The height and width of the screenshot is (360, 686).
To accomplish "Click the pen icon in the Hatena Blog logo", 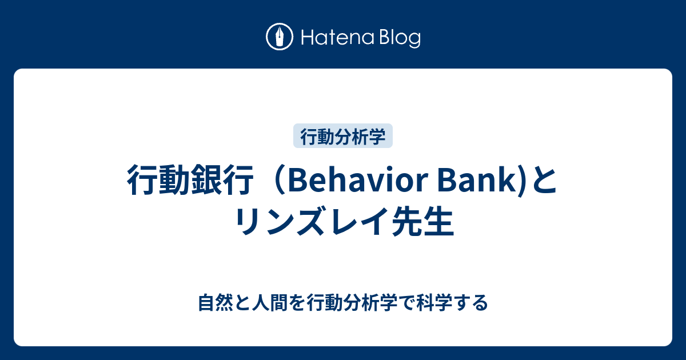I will pyautogui.click(x=279, y=37).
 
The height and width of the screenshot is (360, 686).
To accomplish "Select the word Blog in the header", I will pyautogui.click(x=399, y=38).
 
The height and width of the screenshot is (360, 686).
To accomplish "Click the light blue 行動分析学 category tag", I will pyautogui.click(x=343, y=136).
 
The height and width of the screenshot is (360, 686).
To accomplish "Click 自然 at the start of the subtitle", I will pyautogui.click(x=213, y=302).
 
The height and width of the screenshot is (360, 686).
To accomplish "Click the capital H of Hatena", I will pyautogui.click(x=305, y=38).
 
